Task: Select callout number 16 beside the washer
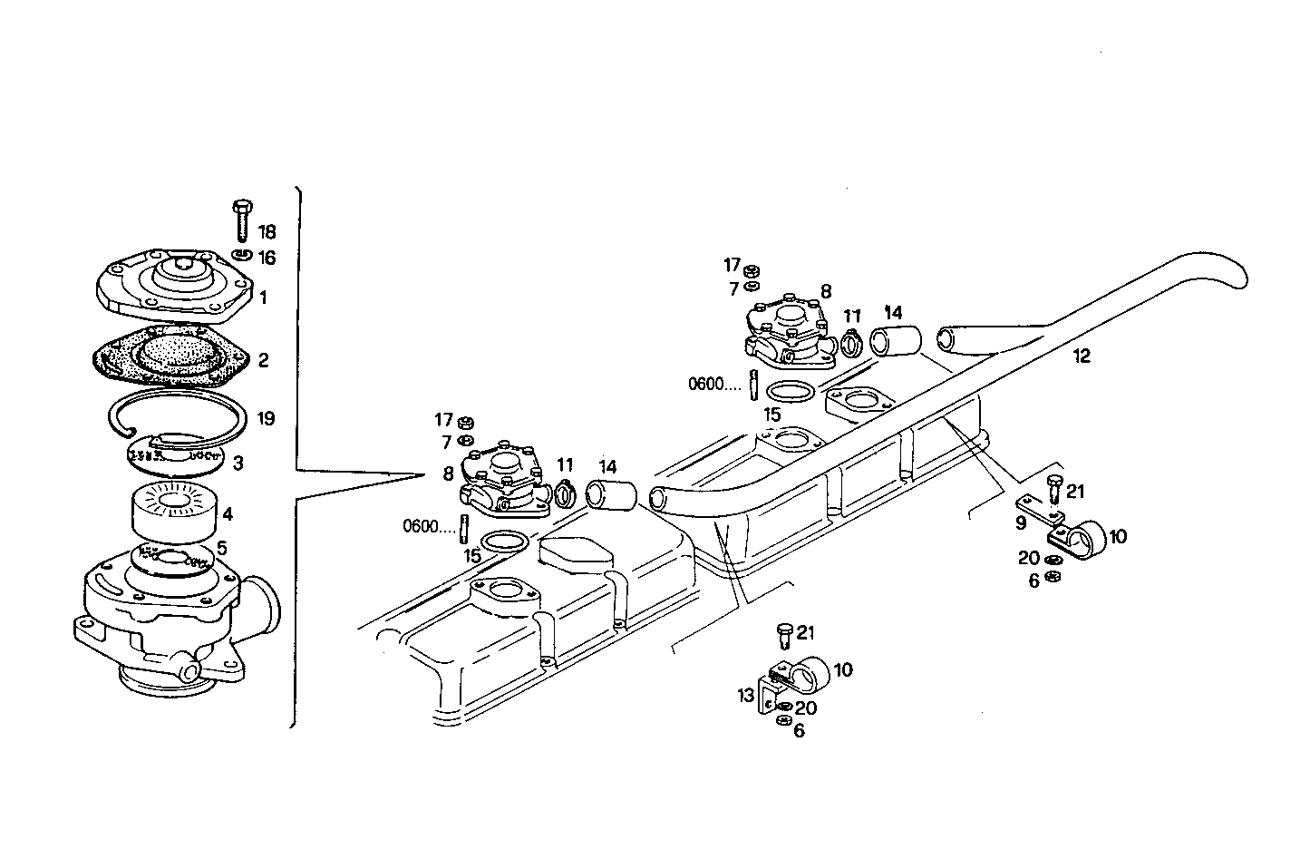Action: pyautogui.click(x=267, y=258)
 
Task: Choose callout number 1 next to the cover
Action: pyautogui.click(x=263, y=297)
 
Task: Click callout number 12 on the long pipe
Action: pyautogui.click(x=1081, y=356)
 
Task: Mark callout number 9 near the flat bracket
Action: pyautogui.click(x=1020, y=522)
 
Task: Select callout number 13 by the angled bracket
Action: pyautogui.click(x=745, y=696)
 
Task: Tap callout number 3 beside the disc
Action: pyautogui.click(x=238, y=464)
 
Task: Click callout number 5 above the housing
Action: pyautogui.click(x=221, y=547)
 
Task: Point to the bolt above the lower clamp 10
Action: pyautogui.click(x=785, y=636)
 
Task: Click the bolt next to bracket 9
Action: pyautogui.click(x=1053, y=491)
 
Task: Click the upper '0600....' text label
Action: pyautogui.click(x=714, y=383)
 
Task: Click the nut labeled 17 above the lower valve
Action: pyautogui.click(x=463, y=421)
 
